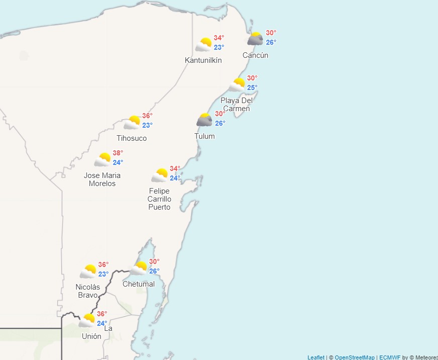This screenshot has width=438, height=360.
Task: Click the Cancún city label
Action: click(x=255, y=55)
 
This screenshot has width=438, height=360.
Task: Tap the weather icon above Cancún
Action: click(x=255, y=39)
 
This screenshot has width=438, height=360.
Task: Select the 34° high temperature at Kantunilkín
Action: click(x=219, y=38)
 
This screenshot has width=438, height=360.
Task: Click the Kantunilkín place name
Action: click(x=203, y=60)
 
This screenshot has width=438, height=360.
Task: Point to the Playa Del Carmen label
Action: click(x=237, y=105)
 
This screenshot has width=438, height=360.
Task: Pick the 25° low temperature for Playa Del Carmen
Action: click(x=252, y=87)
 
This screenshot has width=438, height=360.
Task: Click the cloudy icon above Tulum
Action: click(x=204, y=120)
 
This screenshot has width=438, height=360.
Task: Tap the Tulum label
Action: click(x=204, y=136)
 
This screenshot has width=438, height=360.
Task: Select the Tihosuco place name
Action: click(x=132, y=138)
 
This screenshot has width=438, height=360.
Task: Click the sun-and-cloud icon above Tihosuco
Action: click(x=132, y=122)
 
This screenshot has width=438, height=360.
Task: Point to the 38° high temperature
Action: click(x=118, y=153)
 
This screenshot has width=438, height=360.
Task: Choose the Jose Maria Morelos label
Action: click(x=102, y=179)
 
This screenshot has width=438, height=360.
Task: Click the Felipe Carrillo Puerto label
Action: click(x=159, y=199)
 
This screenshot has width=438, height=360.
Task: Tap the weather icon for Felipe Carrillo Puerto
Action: click(x=160, y=175)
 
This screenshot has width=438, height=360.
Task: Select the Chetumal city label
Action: click(x=139, y=284)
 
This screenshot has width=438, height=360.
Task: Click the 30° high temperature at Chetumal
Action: click(x=154, y=261)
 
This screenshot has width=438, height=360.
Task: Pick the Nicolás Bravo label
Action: click(x=88, y=291)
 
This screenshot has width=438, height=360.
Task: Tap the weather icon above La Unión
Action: click(x=87, y=320)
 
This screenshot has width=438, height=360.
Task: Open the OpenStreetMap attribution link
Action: click(x=355, y=357)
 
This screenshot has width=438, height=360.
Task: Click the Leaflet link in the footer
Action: click(x=316, y=357)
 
